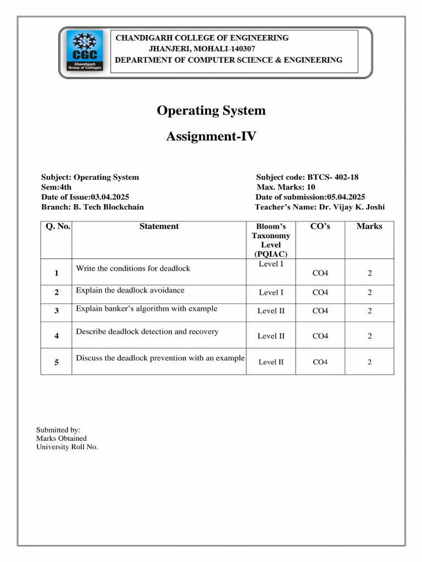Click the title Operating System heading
[x=211, y=111]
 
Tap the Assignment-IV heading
[x=211, y=137]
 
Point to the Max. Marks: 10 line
[x=286, y=187]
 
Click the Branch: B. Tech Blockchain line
[x=92, y=207]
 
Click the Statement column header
[x=159, y=226]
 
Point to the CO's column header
[x=320, y=226]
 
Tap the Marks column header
[x=369, y=226]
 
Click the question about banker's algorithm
[x=146, y=308]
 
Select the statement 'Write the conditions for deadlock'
[x=133, y=268]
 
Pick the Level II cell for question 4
[x=271, y=336]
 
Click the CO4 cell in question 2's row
[x=320, y=293]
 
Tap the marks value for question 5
[x=370, y=362]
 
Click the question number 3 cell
[x=57, y=311]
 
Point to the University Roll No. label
[x=67, y=447]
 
